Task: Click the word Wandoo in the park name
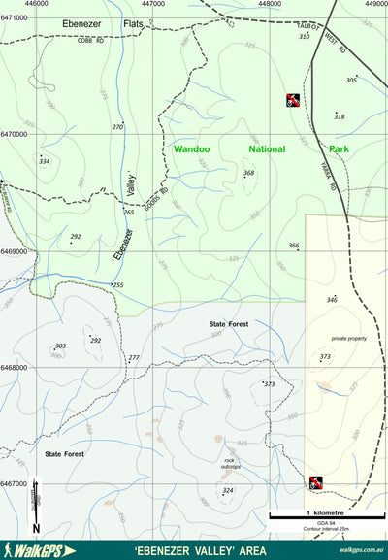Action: click(191, 149)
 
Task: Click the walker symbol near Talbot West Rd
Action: click(292, 99)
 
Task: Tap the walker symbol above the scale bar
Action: click(316, 482)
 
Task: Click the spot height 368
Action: click(249, 173)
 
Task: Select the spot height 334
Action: click(44, 161)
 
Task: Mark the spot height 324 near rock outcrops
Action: click(228, 491)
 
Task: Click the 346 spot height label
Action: click(332, 300)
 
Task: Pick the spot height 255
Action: click(118, 285)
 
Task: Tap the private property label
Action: click(349, 338)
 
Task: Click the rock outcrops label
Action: click(231, 464)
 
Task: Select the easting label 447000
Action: click(153, 4)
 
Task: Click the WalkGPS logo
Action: click(39, 550)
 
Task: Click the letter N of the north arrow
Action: click(36, 527)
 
